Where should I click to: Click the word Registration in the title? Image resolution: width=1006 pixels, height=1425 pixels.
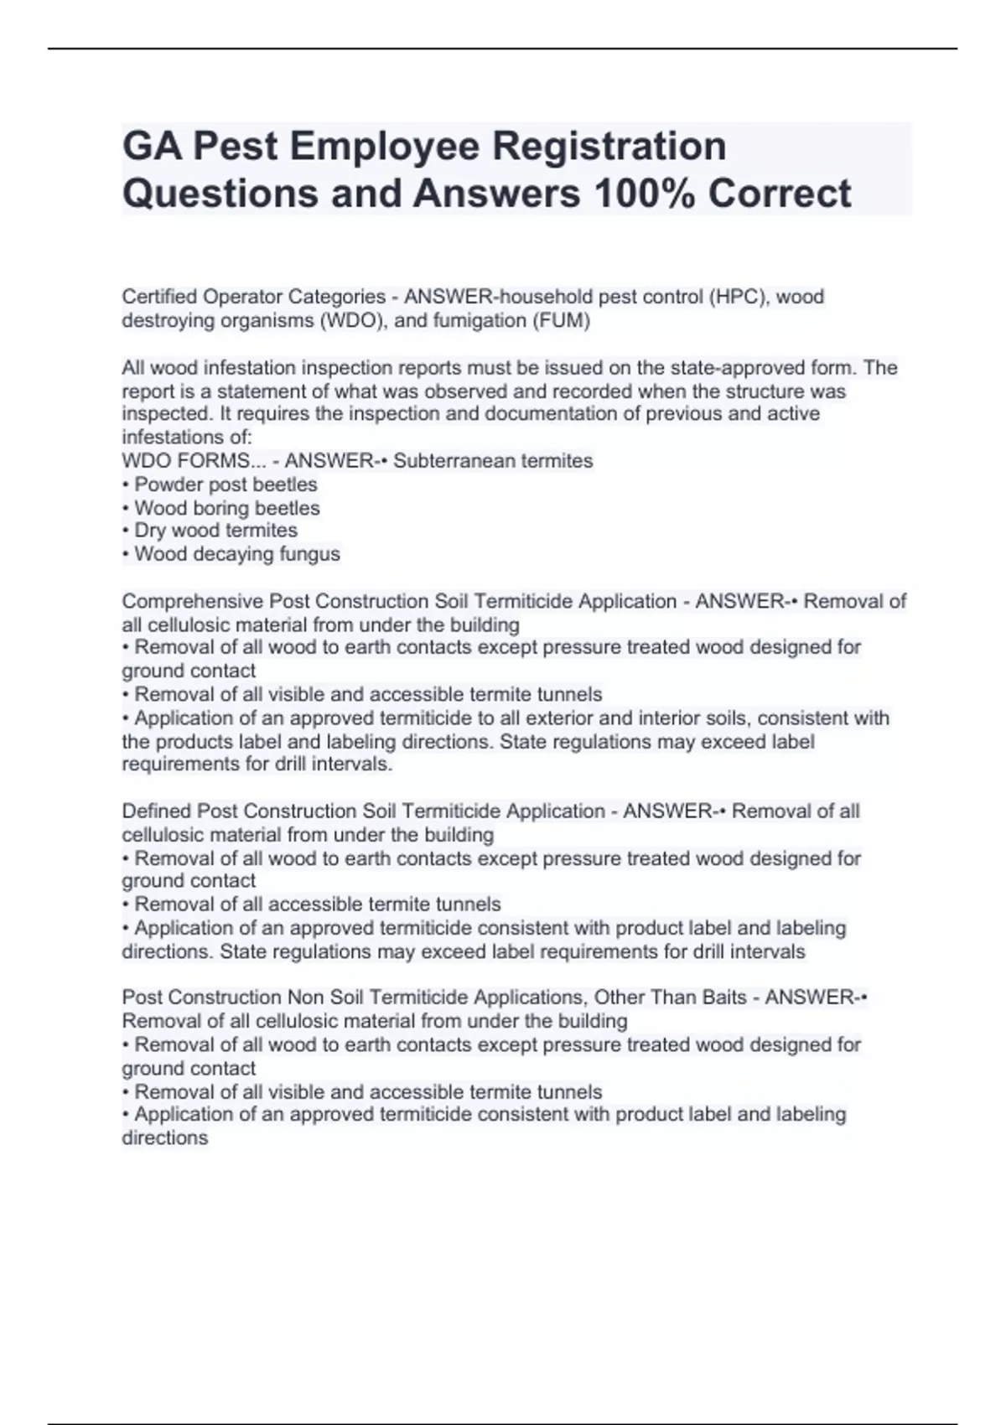point(609,146)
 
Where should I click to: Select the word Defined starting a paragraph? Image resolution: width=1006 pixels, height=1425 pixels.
point(156,811)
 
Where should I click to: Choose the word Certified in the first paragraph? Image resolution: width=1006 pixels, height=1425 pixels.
point(159,297)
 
